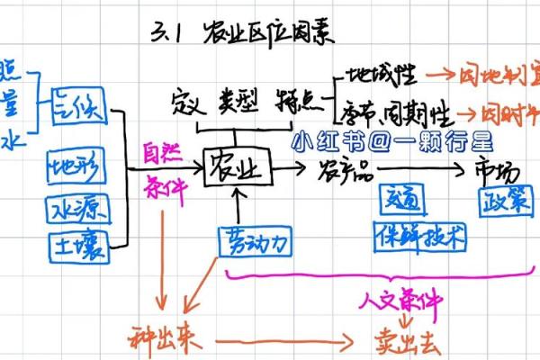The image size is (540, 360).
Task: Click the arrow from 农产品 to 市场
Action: [x=427, y=167]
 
